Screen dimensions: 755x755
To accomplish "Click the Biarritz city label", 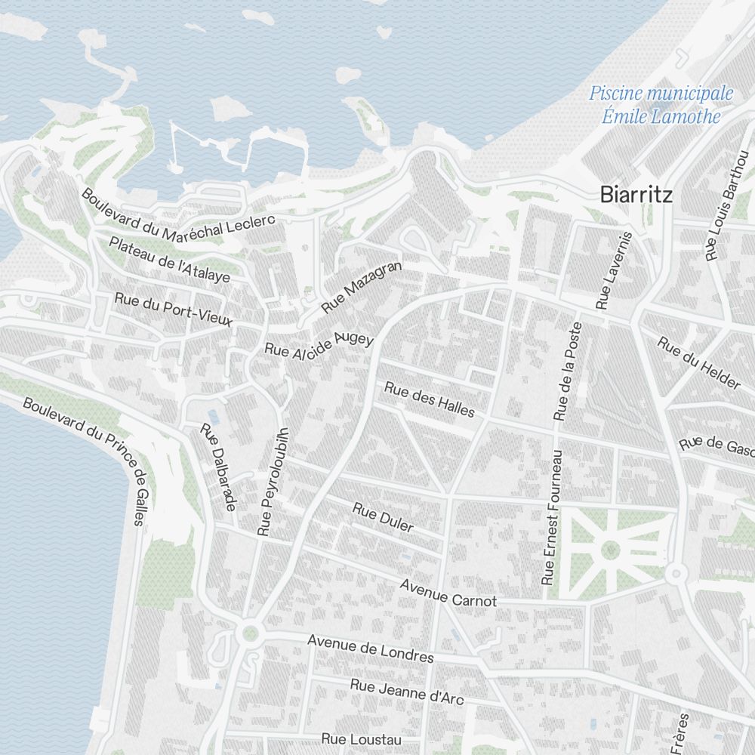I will [636, 195].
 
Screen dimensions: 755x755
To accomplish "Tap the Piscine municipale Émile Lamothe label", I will [661, 105].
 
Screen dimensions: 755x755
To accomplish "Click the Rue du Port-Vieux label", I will [174, 310].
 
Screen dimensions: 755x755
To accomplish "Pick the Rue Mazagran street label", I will [362, 288].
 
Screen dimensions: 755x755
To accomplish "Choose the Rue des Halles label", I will [430, 399].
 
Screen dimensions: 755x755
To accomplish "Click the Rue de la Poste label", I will [569, 371].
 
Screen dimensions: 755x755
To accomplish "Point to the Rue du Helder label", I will [698, 363].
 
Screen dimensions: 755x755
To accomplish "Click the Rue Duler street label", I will [383, 517].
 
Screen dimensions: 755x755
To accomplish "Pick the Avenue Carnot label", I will [448, 593].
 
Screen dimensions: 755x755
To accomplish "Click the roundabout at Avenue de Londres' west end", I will [250, 633].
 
